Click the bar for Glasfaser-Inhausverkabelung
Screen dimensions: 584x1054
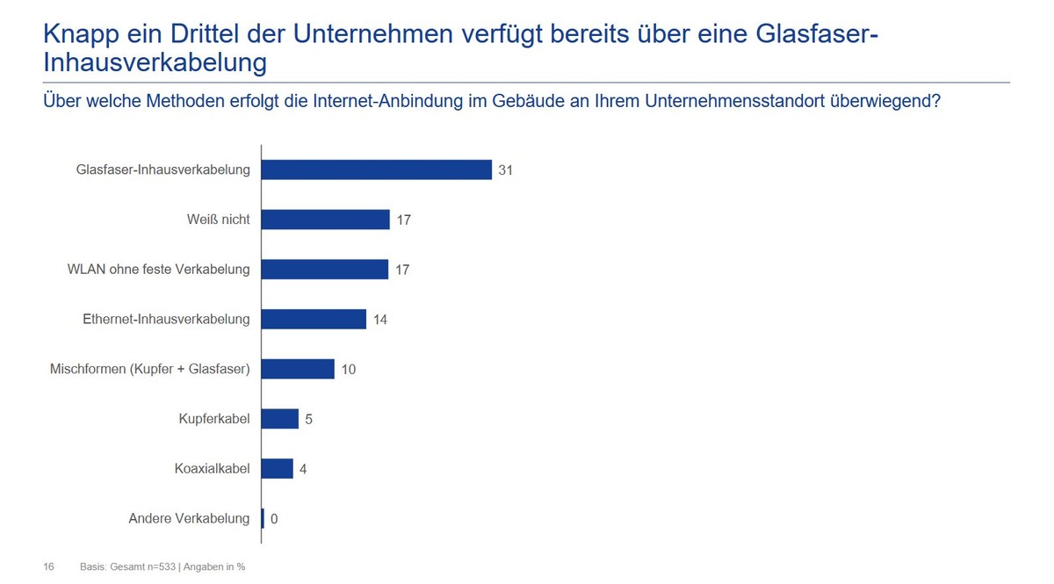[377, 169]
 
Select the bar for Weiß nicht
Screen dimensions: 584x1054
[326, 220]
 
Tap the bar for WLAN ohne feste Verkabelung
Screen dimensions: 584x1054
[325, 270]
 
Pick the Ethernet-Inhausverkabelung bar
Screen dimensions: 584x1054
[314, 319]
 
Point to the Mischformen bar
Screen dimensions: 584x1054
[299, 369]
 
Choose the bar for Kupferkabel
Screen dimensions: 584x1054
[280, 419]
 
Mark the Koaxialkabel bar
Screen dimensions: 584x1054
[278, 469]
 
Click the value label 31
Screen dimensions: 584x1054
[505, 170]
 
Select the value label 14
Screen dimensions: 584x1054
[380, 320]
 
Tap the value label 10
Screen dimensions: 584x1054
[349, 370]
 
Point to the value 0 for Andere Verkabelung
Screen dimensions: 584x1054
[274, 519]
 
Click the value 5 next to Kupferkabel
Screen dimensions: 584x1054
[309, 420]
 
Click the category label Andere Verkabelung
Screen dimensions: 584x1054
[189, 518]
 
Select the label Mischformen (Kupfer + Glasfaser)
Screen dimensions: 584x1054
[150, 369]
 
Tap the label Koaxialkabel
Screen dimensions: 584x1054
[212, 469]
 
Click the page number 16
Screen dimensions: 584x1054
[49, 567]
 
